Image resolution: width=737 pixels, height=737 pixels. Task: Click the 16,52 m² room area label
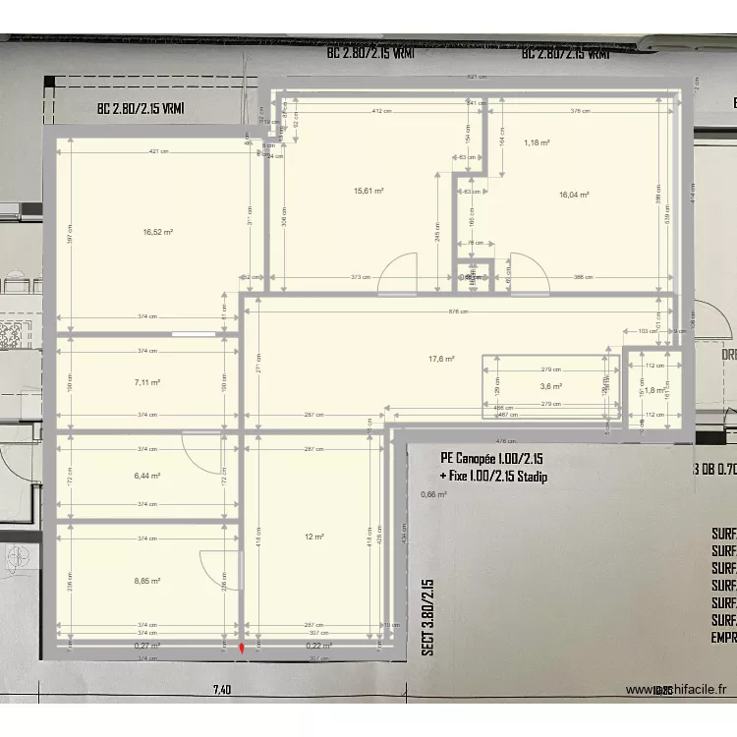(157, 232)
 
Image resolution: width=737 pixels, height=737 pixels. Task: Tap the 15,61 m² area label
(368, 192)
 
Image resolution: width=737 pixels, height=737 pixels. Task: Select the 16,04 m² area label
(573, 195)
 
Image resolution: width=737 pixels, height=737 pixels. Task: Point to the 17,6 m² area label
(441, 359)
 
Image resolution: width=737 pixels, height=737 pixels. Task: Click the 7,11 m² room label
(147, 382)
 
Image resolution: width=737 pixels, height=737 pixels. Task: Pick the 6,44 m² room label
(147, 475)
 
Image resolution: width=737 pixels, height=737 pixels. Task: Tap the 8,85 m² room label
(147, 580)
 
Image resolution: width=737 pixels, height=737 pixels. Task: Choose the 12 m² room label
(314, 537)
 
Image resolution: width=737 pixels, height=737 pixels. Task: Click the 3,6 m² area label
(550, 386)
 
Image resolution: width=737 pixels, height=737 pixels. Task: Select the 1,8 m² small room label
(654, 390)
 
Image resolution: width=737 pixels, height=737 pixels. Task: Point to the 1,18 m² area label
(537, 142)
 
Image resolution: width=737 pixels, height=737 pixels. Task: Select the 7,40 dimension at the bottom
(221, 691)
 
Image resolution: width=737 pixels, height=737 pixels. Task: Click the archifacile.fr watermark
(680, 691)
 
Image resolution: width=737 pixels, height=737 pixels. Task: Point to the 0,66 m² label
(433, 494)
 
